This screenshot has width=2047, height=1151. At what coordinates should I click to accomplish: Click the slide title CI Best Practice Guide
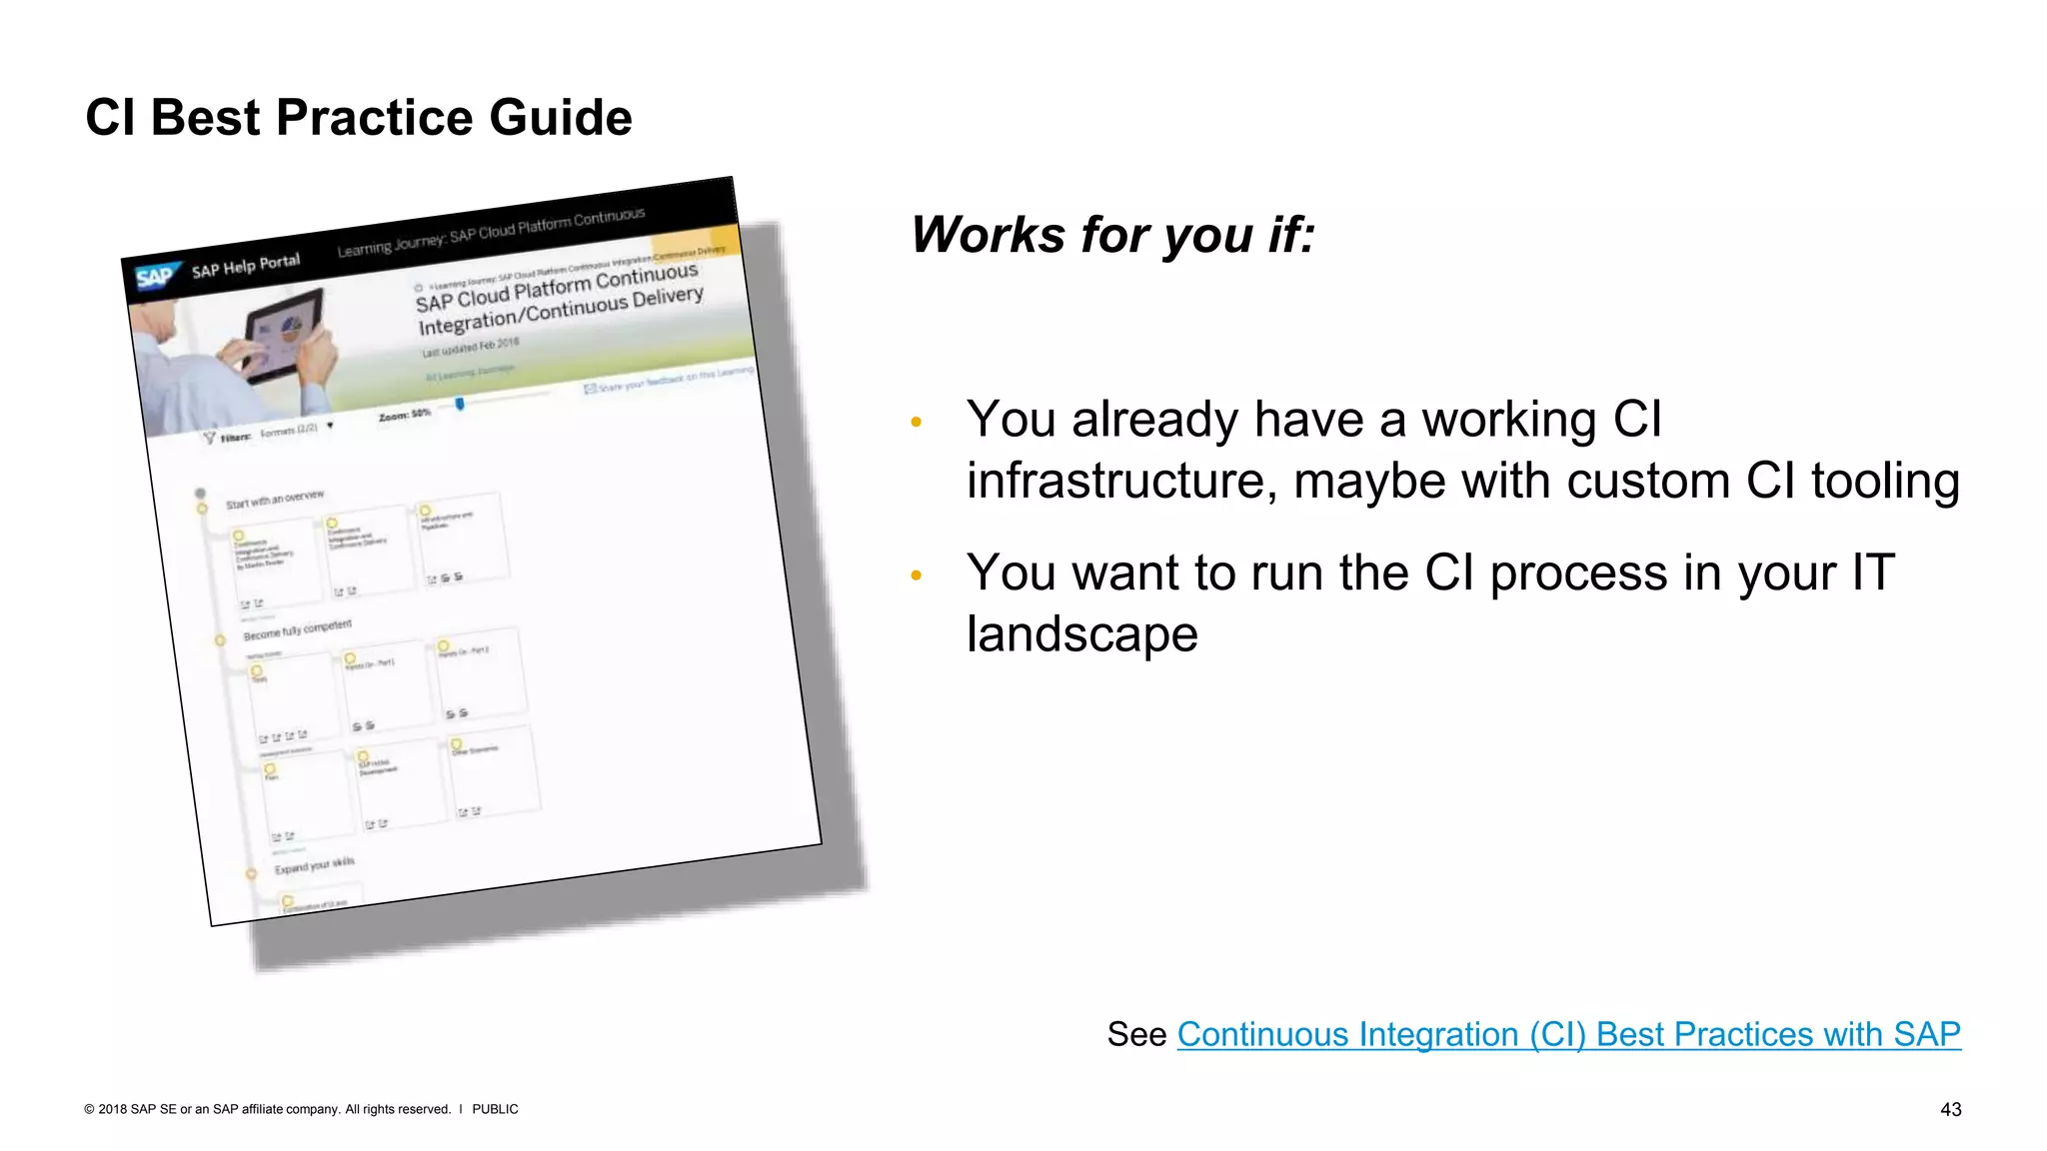[358, 118]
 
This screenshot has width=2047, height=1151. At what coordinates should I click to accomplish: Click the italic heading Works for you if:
[1111, 236]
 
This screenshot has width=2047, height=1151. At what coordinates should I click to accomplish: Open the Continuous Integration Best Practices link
[1567, 1034]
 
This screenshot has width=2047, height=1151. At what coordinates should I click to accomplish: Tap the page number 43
[1950, 1109]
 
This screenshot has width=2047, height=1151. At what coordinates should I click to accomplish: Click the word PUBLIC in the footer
[495, 1109]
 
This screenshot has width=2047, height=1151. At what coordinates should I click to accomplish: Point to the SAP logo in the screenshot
[155, 277]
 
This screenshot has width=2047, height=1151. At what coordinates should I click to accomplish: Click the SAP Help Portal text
[245, 266]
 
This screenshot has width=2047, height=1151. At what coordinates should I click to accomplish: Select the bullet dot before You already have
[916, 423]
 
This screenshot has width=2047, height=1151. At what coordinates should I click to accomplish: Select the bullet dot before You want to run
[916, 575]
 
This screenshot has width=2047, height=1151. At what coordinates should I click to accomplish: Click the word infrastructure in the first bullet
[1120, 481]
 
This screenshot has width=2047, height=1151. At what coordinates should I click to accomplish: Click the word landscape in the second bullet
[1081, 634]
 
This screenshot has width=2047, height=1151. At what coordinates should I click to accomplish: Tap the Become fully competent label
[297, 630]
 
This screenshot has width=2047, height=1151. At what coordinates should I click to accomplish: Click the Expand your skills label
[314, 865]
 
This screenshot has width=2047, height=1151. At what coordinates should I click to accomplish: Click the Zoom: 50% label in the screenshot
[404, 414]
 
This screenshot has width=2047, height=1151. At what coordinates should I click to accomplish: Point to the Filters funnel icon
[209, 438]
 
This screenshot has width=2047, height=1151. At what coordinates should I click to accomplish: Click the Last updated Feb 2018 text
[470, 347]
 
